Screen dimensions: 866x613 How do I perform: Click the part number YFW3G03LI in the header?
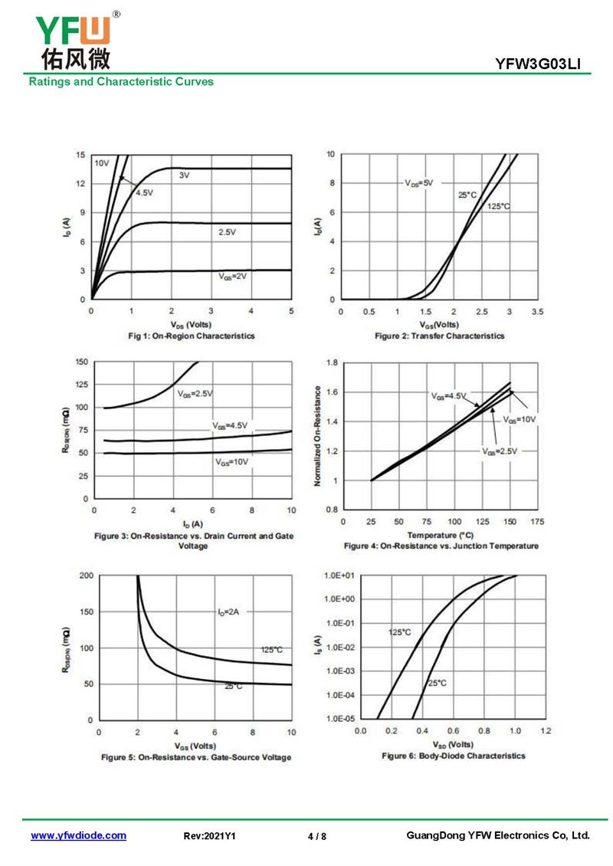click(x=543, y=66)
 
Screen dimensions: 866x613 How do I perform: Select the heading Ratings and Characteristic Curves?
click(x=121, y=81)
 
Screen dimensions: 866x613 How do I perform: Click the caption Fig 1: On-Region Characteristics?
click(x=192, y=336)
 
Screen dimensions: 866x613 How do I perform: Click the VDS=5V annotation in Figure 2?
click(x=419, y=183)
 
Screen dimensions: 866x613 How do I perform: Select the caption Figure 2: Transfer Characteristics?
click(x=439, y=336)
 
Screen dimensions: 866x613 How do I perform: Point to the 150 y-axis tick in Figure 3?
click(x=81, y=362)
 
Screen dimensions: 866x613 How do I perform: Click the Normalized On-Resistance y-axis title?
click(x=317, y=435)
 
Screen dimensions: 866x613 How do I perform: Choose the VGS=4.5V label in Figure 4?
click(x=448, y=395)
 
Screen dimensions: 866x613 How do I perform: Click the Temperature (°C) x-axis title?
click(x=441, y=534)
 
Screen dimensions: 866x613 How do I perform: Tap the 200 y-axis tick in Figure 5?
click(x=85, y=575)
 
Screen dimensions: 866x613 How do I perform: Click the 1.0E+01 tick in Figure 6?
click(x=337, y=575)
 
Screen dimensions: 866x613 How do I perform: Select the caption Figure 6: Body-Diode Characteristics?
click(x=454, y=756)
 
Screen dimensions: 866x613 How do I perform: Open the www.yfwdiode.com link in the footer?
click(x=78, y=836)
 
